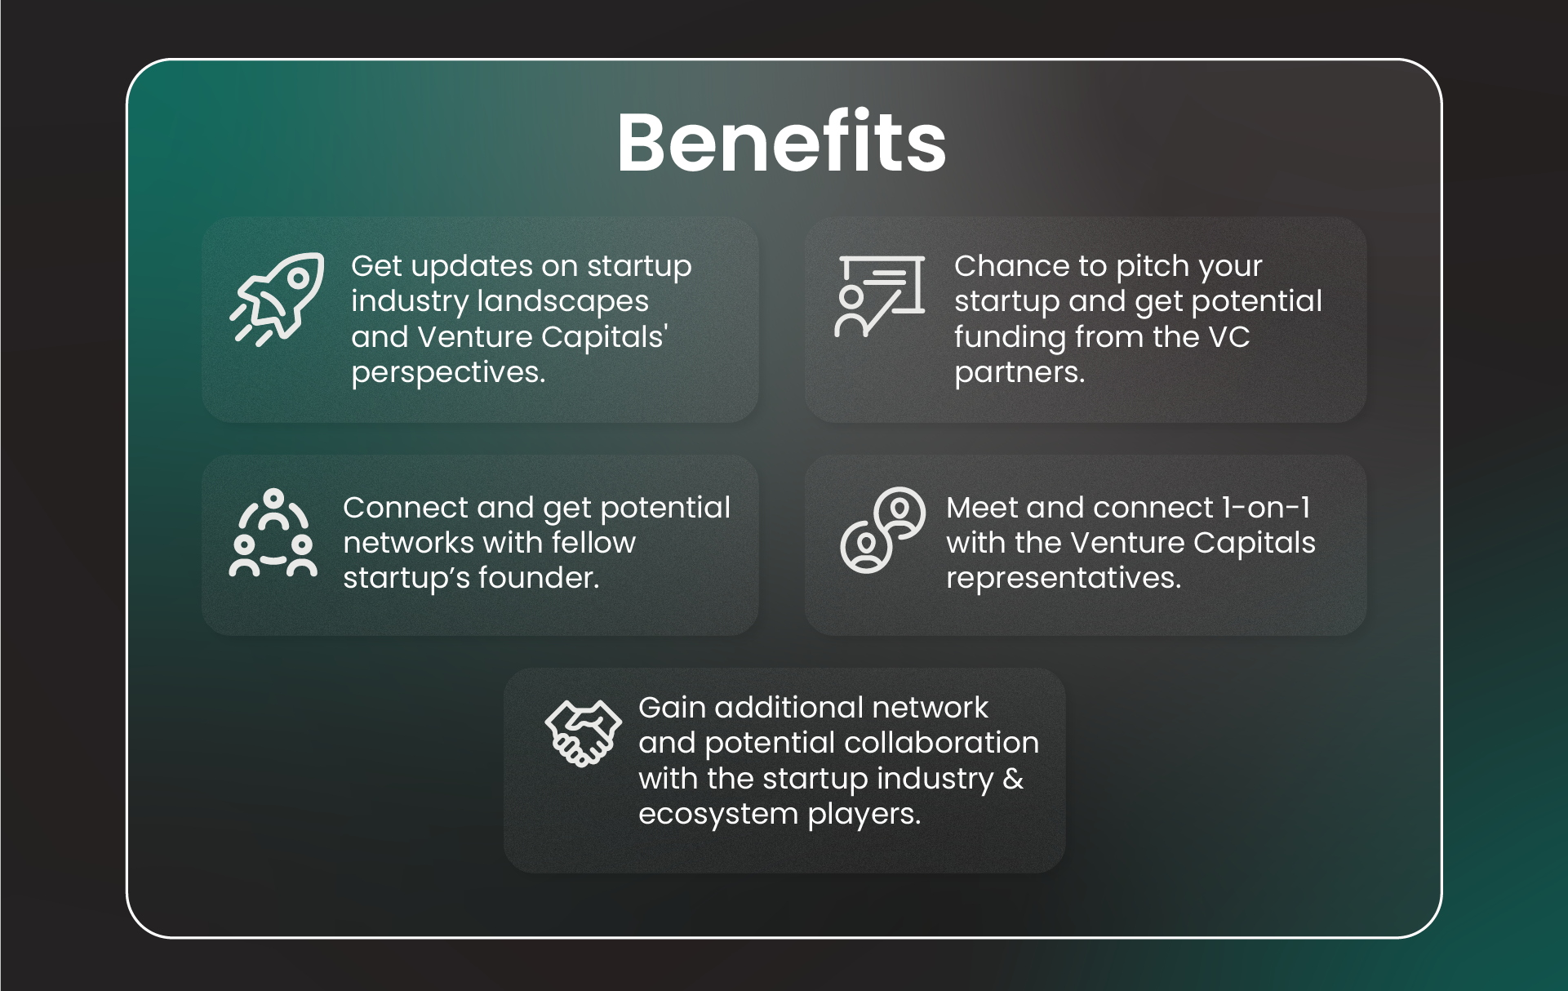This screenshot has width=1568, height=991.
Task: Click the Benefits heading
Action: (781, 143)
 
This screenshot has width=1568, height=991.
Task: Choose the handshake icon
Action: (583, 732)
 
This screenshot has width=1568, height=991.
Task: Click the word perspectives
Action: (448, 373)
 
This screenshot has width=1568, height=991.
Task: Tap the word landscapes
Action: (562, 302)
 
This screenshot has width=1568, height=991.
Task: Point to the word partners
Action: (1019, 373)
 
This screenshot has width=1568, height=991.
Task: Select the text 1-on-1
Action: (1266, 508)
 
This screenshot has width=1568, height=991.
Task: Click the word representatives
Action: (1063, 578)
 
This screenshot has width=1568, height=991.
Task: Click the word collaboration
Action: (941, 743)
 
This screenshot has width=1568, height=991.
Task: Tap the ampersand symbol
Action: (1013, 779)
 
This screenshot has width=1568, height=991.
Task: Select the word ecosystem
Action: (718, 815)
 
